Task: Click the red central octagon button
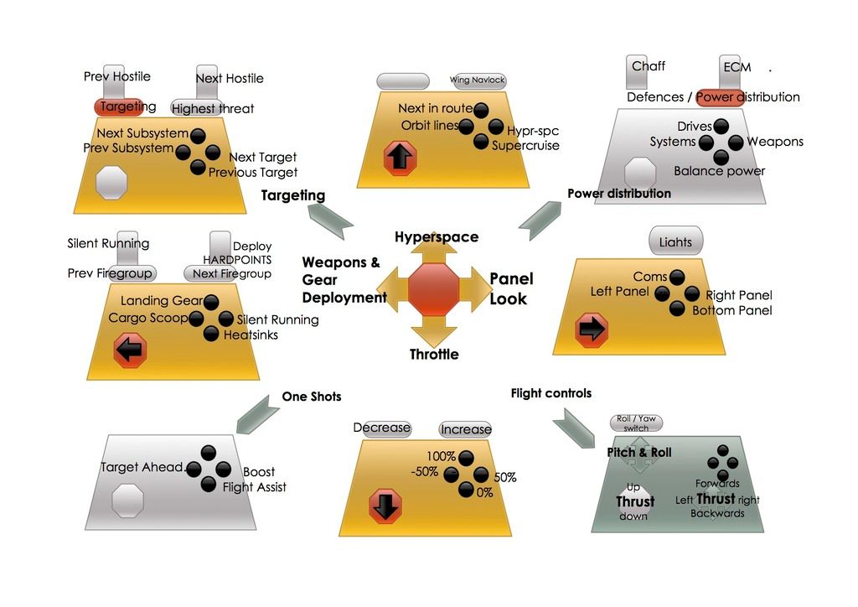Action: (433, 289)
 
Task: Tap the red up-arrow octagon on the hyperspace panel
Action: (400, 158)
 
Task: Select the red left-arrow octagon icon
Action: (130, 350)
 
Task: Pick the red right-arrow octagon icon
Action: (592, 330)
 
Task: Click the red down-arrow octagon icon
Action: (385, 506)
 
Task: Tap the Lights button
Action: (676, 241)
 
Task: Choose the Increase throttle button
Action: (466, 429)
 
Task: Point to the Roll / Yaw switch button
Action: (637, 423)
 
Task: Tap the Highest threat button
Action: (212, 108)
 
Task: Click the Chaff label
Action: (649, 66)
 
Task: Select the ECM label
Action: (737, 67)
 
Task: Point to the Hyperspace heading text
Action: (437, 237)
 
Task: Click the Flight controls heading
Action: (551, 393)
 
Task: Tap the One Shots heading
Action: (312, 397)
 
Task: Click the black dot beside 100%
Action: (466, 457)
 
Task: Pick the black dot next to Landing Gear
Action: (210, 302)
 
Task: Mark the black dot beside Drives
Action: (721, 127)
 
